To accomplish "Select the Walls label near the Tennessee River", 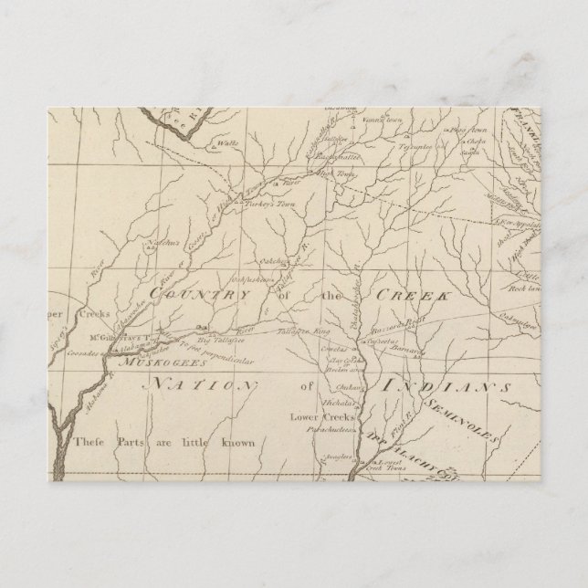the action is [x=219, y=142].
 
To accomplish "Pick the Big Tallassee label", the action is [x=218, y=340].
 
